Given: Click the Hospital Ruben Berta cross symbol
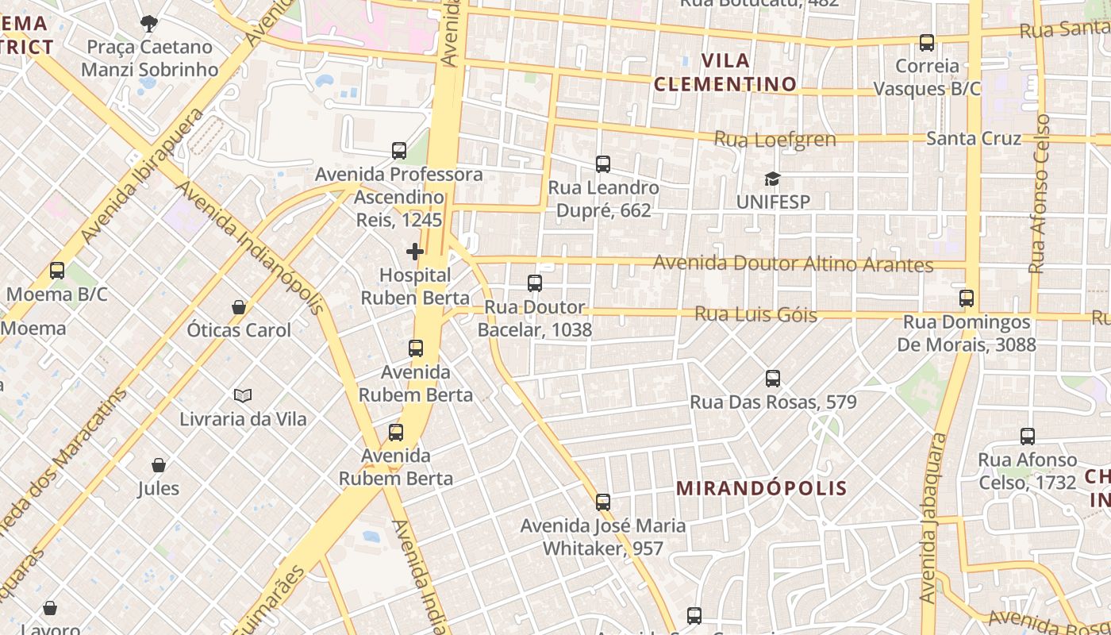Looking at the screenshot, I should pos(414,252).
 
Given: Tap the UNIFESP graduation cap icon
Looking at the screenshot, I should pos(773,179).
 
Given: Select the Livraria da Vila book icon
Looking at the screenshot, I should pos(243,395).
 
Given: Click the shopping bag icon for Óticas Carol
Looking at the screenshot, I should pos(239,306).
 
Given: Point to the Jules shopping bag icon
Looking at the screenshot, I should pos(159,465).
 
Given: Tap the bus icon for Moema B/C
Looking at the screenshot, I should pos(57,271).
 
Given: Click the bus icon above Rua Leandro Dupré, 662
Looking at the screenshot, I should pos(603,164).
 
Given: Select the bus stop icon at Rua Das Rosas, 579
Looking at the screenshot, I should pos(773,379).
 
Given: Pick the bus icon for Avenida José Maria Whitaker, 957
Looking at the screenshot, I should pos(603,502).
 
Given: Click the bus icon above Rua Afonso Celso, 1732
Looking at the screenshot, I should pos(1028,437).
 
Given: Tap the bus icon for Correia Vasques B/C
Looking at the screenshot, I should pos(927,43).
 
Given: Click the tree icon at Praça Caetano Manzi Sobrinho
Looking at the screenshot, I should pos(148,24).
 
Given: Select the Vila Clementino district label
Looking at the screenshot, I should pos(725,72).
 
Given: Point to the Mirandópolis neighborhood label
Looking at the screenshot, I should pos(762,488).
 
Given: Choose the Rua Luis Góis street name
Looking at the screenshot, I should pos(755,314).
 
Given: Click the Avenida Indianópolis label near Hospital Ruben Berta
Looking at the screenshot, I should pos(249,247).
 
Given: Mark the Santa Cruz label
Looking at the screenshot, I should pos(974,139).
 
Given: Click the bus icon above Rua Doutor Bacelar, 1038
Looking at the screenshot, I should pos(535,283).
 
